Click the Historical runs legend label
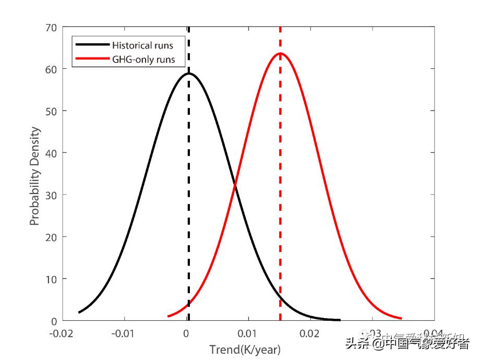pyautogui.click(x=142, y=45)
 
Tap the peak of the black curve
pyautogui.click(x=188, y=74)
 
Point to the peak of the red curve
pyautogui.click(x=280, y=53)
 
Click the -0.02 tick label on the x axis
pyautogui.click(x=63, y=334)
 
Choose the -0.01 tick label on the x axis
pyautogui.click(x=124, y=334)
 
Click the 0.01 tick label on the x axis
pyautogui.click(x=248, y=334)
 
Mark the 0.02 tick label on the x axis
pyautogui.click(x=310, y=334)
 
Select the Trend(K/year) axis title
pyautogui.click(x=245, y=349)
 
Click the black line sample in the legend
pyautogui.click(x=92, y=45)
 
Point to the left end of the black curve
pyautogui.click(x=79, y=312)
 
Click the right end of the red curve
pyautogui.click(x=401, y=318)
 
